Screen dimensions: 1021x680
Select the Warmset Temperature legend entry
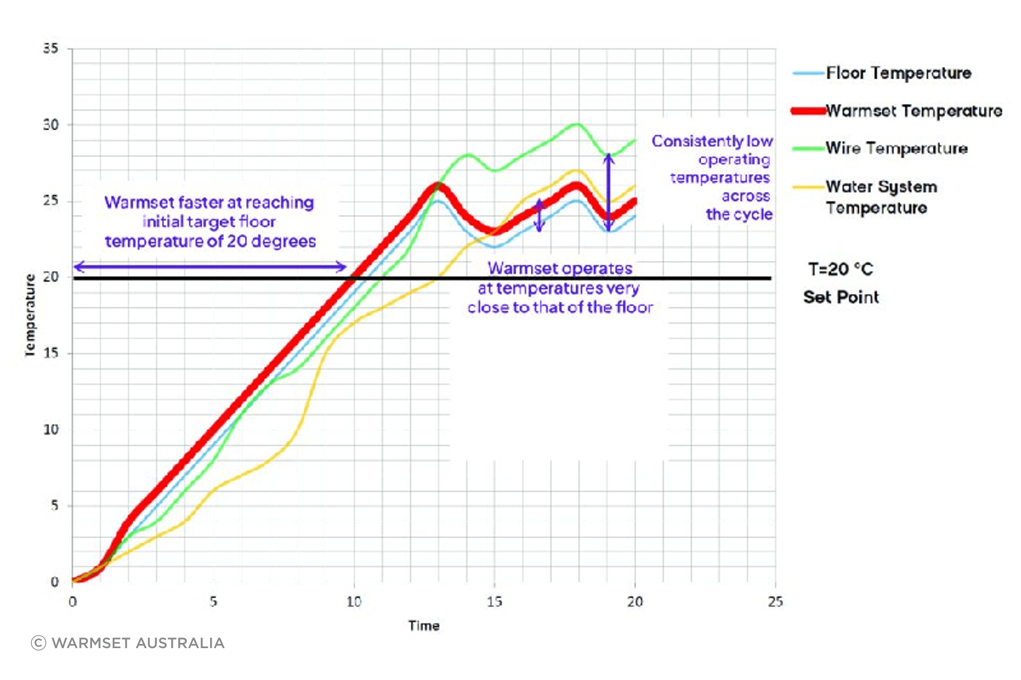click(x=897, y=110)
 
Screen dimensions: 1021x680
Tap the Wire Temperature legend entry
click(x=881, y=148)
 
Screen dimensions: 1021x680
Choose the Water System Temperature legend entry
click(x=865, y=197)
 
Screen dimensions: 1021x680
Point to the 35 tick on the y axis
click(x=51, y=48)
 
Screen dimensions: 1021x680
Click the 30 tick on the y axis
click(x=51, y=125)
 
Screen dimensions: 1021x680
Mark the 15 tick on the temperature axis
click(x=51, y=353)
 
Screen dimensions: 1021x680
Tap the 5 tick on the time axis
click(x=213, y=601)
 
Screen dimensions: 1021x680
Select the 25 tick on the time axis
click(x=775, y=601)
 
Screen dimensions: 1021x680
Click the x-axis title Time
click(x=424, y=626)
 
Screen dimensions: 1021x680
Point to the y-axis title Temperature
click(x=30, y=315)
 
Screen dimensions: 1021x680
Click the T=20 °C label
click(x=841, y=269)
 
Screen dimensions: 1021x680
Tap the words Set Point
click(x=841, y=297)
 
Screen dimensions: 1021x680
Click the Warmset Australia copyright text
click(x=128, y=643)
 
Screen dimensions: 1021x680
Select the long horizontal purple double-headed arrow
click(x=210, y=267)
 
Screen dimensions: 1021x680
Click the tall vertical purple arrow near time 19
click(x=609, y=192)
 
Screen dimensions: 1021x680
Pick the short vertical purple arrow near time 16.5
click(x=539, y=215)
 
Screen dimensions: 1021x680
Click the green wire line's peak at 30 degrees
click(x=576, y=124)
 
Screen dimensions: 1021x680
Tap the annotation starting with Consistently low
click(x=713, y=177)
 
